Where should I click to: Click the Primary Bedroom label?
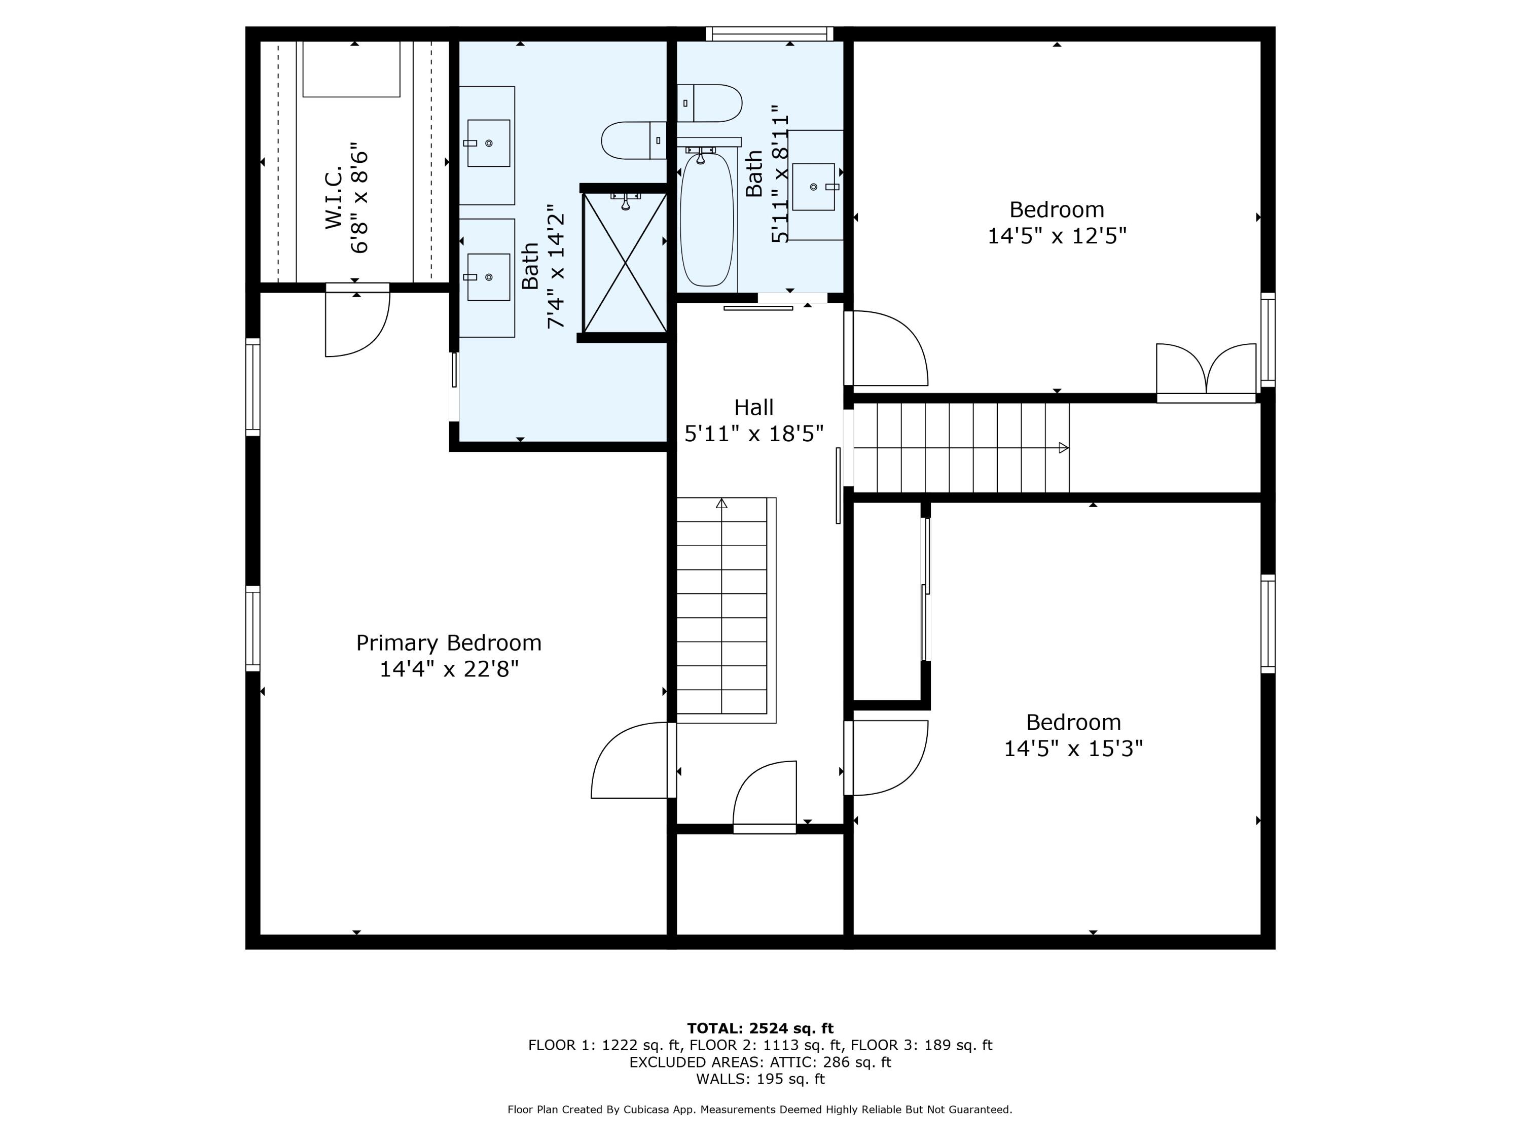click(448, 643)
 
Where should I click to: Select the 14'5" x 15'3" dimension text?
click(1073, 748)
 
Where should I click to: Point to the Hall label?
click(753, 407)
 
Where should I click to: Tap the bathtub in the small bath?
click(706, 219)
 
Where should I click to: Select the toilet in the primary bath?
click(633, 140)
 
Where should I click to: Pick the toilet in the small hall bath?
click(710, 103)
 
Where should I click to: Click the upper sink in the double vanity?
click(488, 143)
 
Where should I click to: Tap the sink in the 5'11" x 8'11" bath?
click(813, 187)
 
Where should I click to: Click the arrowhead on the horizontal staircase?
click(1063, 448)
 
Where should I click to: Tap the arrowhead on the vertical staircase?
click(721, 504)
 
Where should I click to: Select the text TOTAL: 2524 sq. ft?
click(760, 1028)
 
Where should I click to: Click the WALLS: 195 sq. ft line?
click(760, 1079)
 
